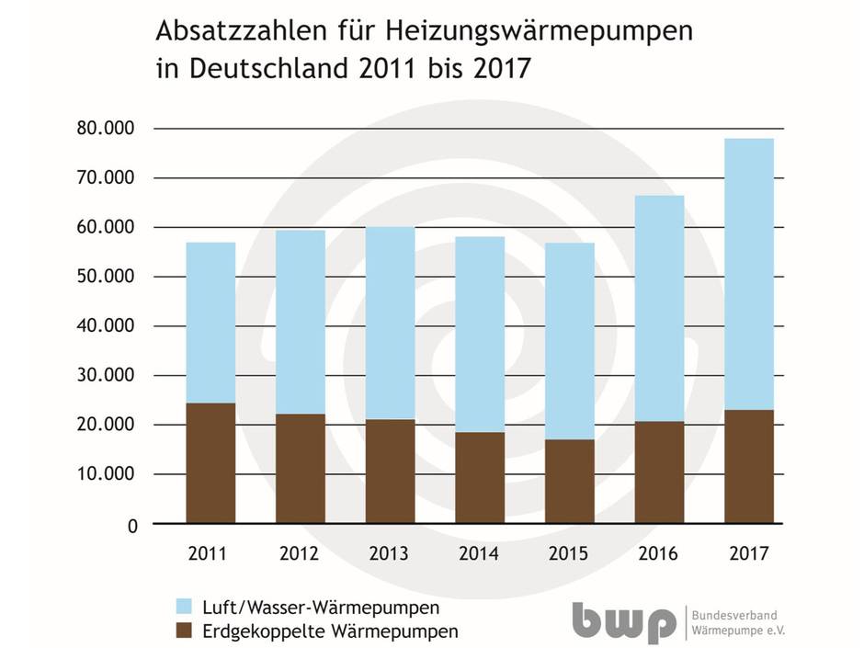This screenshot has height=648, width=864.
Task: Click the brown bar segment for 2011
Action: [x=210, y=463]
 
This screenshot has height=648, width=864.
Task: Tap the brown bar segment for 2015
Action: [x=569, y=482]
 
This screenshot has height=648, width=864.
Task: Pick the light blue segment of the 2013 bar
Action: [x=390, y=323]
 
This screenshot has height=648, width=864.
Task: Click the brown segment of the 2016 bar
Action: [x=659, y=472]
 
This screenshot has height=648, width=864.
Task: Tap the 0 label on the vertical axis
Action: [x=131, y=525]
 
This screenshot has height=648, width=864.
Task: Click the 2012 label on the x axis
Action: [x=300, y=554]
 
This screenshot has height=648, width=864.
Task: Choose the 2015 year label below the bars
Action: [x=569, y=554]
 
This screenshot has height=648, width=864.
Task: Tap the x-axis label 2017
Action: [x=749, y=554]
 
